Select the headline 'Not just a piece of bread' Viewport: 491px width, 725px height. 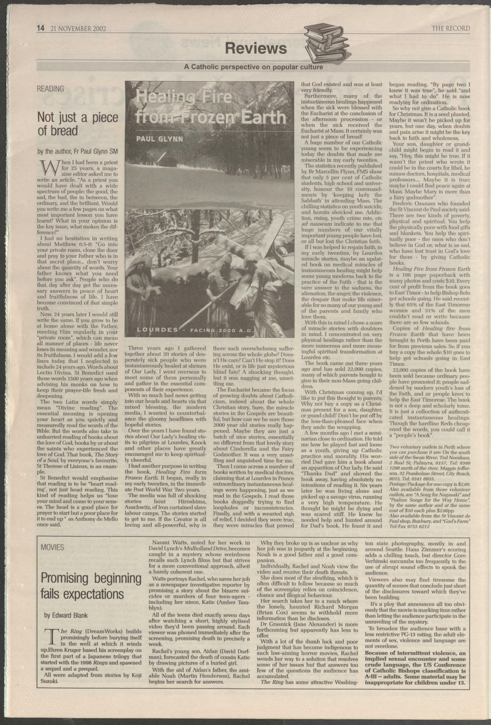pos(78,124)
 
